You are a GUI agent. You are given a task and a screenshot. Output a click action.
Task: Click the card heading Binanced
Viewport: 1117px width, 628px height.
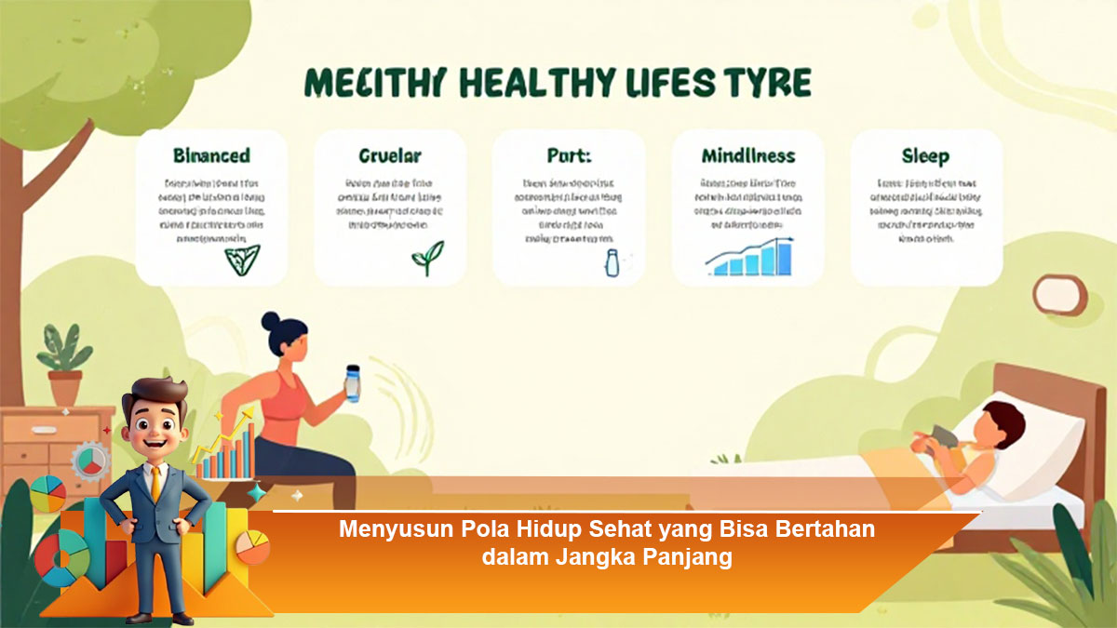(211, 155)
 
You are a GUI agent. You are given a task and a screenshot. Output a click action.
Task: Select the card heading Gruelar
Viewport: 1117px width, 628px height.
(390, 155)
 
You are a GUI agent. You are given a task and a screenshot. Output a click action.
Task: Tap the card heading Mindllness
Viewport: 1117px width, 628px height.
(747, 155)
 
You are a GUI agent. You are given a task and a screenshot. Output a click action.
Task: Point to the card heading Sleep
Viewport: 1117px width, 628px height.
(925, 155)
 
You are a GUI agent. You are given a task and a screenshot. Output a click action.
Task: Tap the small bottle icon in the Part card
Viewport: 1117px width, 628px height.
(612, 263)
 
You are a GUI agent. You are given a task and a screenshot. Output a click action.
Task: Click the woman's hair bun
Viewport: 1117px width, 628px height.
(271, 322)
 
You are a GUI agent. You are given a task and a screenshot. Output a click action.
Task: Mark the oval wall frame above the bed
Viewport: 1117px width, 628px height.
(1058, 295)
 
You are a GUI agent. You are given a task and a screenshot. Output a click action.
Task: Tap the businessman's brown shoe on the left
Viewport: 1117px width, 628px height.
(139, 617)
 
